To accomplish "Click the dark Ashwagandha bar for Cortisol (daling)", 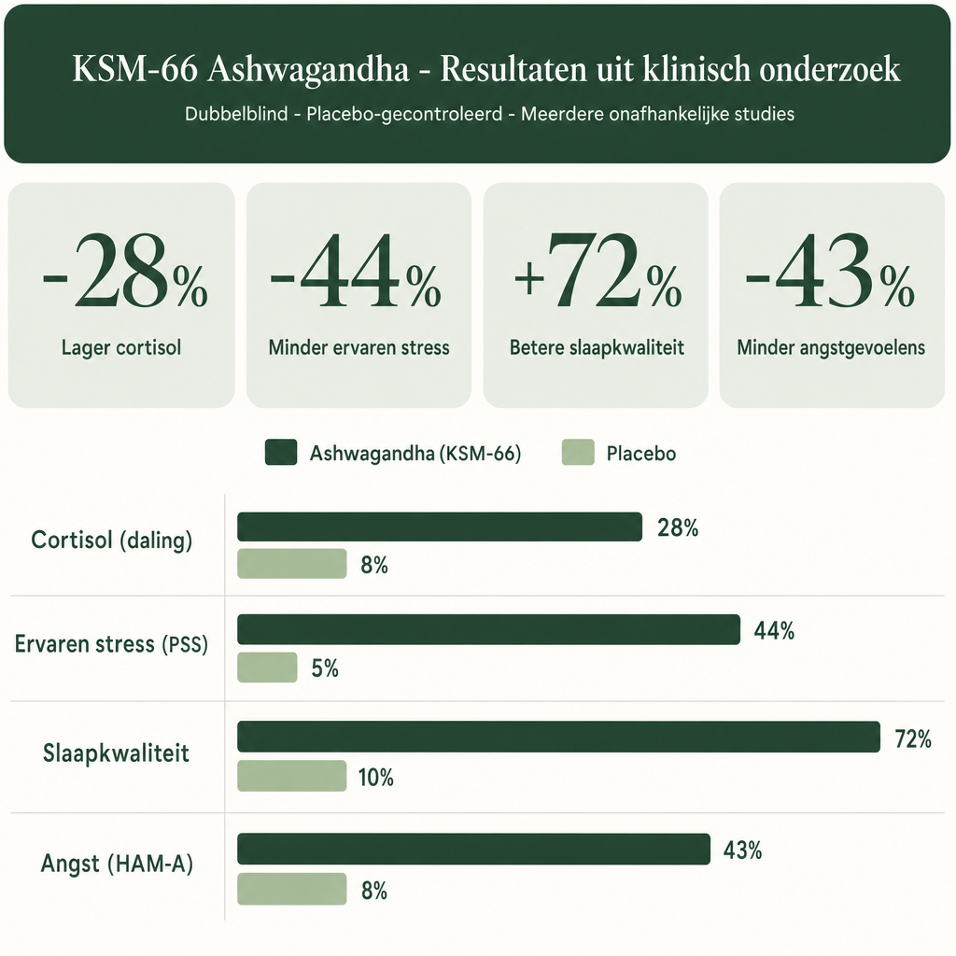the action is click(440, 527).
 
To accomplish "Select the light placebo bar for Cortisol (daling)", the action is click(292, 563).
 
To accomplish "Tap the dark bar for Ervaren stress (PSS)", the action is click(488, 629).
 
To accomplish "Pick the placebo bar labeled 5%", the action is click(267, 667).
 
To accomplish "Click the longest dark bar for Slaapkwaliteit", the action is click(558, 737).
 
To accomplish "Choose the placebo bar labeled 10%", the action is click(292, 776).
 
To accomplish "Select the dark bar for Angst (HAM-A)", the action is click(473, 849).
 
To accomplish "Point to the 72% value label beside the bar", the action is click(913, 739).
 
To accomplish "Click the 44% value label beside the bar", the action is click(774, 630).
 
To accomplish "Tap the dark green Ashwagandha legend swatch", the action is click(281, 453).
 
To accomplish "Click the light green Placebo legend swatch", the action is click(578, 453).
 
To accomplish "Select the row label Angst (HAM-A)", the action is click(117, 864).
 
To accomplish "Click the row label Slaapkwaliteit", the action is click(116, 753).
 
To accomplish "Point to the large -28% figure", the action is click(125, 272).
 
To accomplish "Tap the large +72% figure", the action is click(597, 272).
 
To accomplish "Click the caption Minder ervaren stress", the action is click(359, 347).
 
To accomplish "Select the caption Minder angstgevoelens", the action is click(831, 347).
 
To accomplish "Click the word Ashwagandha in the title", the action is click(308, 68).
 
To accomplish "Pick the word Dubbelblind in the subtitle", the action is click(236, 114).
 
